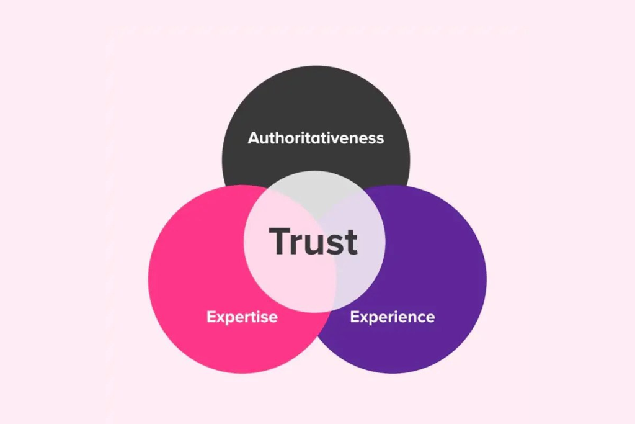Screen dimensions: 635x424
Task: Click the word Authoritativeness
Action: tap(316, 138)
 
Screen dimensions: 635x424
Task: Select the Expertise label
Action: tap(242, 317)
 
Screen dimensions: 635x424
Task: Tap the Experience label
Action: tap(393, 317)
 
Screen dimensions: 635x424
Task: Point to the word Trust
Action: tap(313, 241)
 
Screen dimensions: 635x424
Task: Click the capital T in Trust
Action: tap(280, 241)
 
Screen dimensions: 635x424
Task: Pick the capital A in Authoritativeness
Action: tap(254, 138)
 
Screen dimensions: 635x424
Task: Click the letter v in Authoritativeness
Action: tap(339, 140)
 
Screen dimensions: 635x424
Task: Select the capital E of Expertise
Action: tap(211, 317)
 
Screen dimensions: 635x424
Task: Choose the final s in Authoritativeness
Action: tap(380, 140)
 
